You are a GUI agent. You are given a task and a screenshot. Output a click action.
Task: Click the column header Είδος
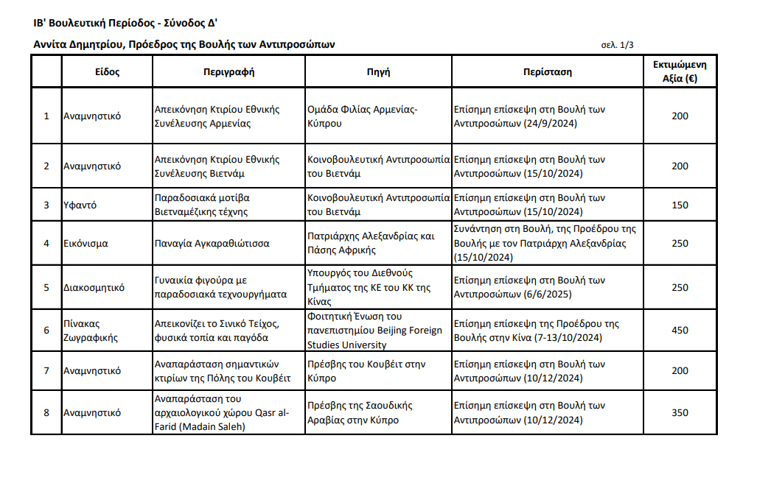pos(107,72)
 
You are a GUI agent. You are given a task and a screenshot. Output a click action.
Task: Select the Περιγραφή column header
pos(229,72)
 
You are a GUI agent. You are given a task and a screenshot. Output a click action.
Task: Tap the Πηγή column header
pos(378,72)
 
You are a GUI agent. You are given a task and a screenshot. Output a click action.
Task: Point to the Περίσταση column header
pos(547,72)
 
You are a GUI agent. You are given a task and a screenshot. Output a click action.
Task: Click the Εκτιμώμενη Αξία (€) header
pos(680,71)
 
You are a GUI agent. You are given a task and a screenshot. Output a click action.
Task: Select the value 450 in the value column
pos(680,331)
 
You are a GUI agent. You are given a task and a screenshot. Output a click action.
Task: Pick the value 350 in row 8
pos(680,413)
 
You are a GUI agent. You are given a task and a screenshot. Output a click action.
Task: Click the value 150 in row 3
pos(680,205)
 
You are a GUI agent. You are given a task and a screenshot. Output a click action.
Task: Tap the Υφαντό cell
pos(80,205)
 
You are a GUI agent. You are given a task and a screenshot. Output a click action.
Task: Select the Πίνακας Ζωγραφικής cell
pos(87,331)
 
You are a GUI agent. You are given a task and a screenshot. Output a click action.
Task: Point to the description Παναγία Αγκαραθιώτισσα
pos(212,243)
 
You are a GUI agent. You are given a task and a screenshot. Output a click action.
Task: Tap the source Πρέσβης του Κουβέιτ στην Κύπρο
pos(366,371)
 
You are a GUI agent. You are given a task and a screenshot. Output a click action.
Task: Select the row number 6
pos(46,331)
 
